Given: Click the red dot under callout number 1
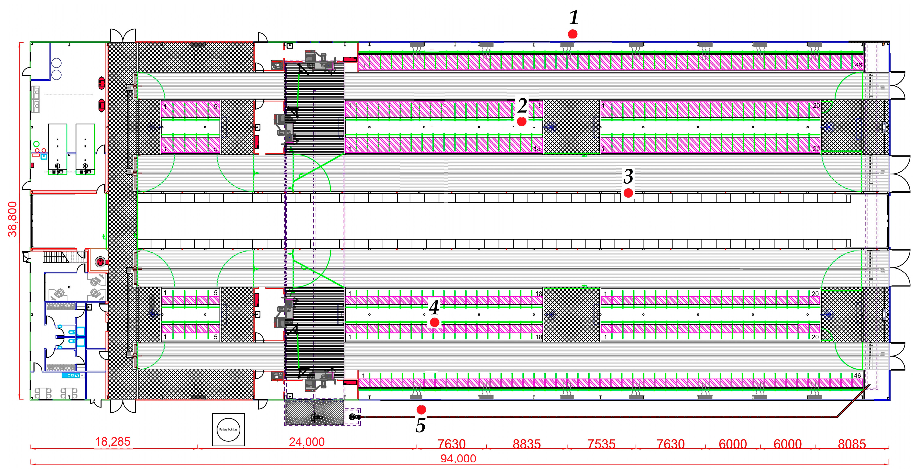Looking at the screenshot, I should (x=572, y=34).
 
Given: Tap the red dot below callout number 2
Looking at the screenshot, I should (x=522, y=121).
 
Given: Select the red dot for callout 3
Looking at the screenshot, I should (x=628, y=193).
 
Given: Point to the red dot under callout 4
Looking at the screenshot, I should (x=434, y=322).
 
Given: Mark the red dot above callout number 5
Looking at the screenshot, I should (x=421, y=410).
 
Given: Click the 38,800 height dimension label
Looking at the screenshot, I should (x=13, y=219).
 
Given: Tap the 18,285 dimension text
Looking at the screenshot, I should (x=113, y=442).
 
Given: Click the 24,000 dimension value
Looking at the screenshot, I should (x=307, y=442).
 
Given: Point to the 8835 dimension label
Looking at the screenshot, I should (x=527, y=444).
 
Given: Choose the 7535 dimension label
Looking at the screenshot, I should (x=601, y=444).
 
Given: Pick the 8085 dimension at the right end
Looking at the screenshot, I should (x=852, y=444).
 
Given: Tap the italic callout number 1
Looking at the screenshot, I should (x=574, y=17).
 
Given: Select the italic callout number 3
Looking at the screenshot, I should (x=628, y=176).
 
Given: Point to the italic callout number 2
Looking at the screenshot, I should (x=522, y=105).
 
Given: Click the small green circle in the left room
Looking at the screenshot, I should (x=36, y=144).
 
